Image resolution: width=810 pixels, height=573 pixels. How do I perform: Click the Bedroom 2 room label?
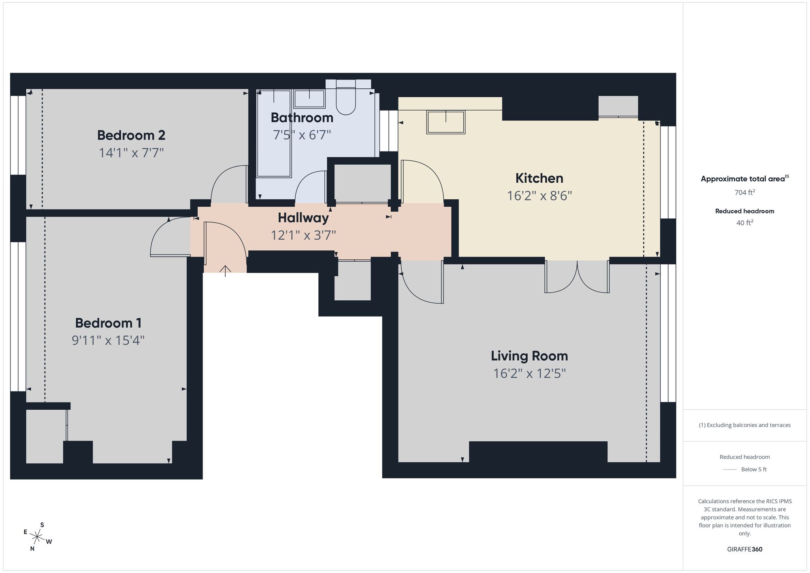point(131,135)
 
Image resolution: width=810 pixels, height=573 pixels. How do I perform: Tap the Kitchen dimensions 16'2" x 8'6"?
point(539,196)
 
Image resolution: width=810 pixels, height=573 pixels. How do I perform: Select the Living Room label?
point(529,356)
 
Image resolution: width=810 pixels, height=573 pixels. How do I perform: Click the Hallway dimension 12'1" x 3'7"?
point(303,235)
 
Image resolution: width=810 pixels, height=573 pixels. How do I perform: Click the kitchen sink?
point(446,122)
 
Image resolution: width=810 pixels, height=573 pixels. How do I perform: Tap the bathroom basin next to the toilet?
point(309,99)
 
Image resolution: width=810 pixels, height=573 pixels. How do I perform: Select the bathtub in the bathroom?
point(274,134)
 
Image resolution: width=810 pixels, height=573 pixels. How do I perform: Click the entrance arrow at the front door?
point(225,270)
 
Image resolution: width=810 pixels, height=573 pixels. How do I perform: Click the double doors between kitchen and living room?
point(577,276)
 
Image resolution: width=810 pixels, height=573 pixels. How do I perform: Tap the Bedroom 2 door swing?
point(229,184)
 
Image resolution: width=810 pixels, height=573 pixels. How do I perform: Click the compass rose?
point(37,537)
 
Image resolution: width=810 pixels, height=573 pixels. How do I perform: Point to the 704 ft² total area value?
point(744,192)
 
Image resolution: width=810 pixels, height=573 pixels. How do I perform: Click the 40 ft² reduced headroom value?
point(744,223)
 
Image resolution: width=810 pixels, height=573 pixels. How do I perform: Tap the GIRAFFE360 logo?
point(744,549)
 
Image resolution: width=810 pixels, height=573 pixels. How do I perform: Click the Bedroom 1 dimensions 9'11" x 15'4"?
point(108,340)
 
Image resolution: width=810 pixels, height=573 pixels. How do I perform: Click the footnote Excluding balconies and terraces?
point(744,425)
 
